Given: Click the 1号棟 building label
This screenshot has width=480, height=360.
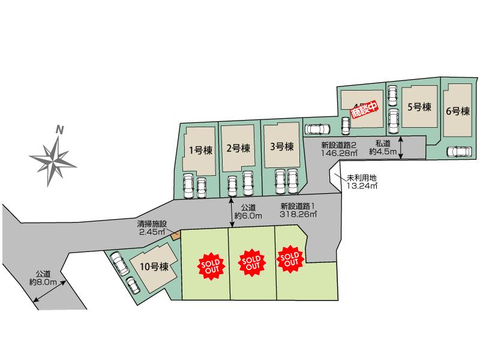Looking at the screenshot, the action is (x=200, y=151).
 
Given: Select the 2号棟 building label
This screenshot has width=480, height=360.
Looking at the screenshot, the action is (x=238, y=148).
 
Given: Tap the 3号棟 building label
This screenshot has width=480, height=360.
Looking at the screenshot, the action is (x=282, y=146).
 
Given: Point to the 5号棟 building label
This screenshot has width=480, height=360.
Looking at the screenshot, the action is (x=419, y=107).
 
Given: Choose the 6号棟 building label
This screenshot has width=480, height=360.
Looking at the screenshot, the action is (x=458, y=111).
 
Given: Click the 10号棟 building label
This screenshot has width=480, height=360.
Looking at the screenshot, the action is (x=154, y=266).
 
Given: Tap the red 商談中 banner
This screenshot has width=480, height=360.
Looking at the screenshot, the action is (x=364, y=110).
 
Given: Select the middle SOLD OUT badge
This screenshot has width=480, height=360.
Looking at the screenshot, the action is (x=251, y=263).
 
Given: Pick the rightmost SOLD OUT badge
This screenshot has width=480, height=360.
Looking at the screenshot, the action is (x=290, y=259).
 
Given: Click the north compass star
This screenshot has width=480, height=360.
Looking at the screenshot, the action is (x=53, y=161).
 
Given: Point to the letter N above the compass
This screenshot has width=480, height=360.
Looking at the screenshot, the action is (x=59, y=130).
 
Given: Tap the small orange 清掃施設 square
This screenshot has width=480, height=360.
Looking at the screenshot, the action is (x=176, y=236).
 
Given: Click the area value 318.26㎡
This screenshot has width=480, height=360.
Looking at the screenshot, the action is (x=298, y=214).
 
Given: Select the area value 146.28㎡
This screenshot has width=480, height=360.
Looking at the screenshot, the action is (x=339, y=153).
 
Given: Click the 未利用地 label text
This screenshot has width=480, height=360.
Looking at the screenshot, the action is (x=362, y=178).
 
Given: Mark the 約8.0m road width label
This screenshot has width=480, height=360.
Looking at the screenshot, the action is (x=43, y=282).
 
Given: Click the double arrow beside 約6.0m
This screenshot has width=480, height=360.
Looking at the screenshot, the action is (x=232, y=212).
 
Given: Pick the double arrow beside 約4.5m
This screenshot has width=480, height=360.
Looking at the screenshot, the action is (x=400, y=148).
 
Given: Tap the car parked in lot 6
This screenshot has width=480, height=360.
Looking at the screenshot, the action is (x=459, y=152).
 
